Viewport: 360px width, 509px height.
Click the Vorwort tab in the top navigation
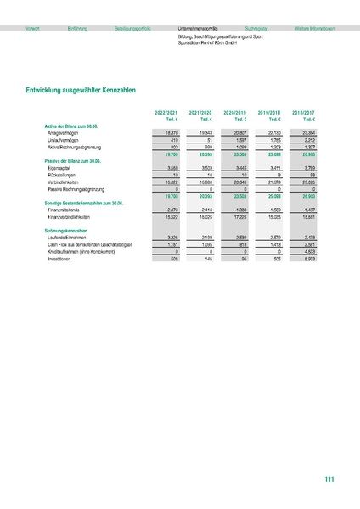pos(33,28)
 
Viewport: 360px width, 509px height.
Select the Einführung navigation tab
pos(77,28)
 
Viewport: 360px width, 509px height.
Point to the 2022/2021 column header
pos(166,112)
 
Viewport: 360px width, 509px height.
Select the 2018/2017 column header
pos(303,112)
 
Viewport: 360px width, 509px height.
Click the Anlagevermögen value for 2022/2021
pos(169,132)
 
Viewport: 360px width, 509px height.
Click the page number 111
pos(329,480)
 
